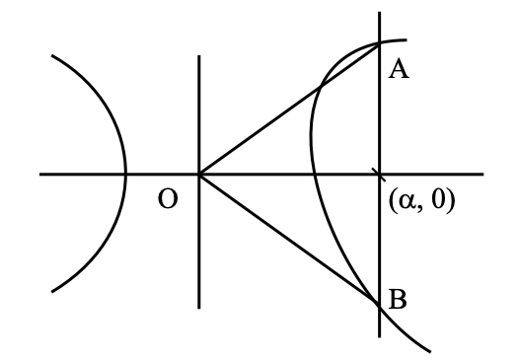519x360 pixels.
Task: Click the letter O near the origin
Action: pyautogui.click(x=168, y=199)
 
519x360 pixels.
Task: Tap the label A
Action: pyautogui.click(x=399, y=70)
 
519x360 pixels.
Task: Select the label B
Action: pyautogui.click(x=398, y=300)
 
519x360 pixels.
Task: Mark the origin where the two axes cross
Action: pyautogui.click(x=199, y=174)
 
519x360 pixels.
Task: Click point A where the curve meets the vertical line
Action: pyautogui.click(x=379, y=43)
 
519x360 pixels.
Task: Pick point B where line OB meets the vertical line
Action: pyautogui.click(x=379, y=303)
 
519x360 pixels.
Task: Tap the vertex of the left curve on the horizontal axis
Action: pyautogui.click(x=125, y=174)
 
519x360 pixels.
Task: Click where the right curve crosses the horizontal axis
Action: pyautogui.click(x=314, y=174)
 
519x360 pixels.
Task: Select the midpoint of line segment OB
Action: pyautogui.click(x=289, y=239)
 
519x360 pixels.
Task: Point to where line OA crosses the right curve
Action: pyautogui.click(x=321, y=87)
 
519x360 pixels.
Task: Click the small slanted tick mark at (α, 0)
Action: pyautogui.click(x=379, y=175)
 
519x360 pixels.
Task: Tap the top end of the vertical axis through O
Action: pyautogui.click(x=199, y=55)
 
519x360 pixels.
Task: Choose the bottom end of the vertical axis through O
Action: pyautogui.click(x=199, y=309)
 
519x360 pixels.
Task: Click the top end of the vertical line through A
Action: pyautogui.click(x=379, y=12)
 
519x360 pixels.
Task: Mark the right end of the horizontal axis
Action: pyautogui.click(x=483, y=174)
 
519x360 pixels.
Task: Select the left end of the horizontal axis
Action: pyautogui.click(x=39, y=174)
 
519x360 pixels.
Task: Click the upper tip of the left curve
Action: pyautogui.click(x=52, y=55)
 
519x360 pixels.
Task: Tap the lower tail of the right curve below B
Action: pyautogui.click(x=430, y=351)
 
